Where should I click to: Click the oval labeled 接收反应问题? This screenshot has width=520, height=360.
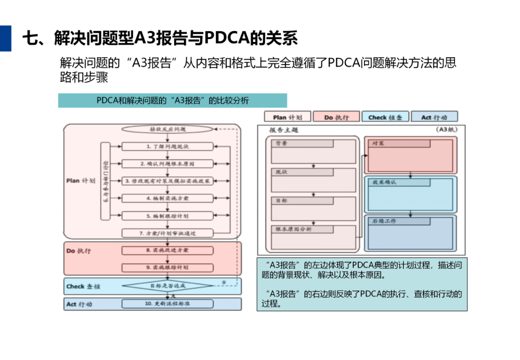pos(168,129)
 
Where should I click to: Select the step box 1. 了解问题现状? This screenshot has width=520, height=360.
pos(168,146)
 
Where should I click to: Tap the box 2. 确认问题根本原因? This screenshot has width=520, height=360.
pos(168,164)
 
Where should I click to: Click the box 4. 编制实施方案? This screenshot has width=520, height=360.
pos(168,198)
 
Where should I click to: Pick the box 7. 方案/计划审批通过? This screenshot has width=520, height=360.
pos(168,233)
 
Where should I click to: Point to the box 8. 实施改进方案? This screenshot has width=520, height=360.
pos(168,250)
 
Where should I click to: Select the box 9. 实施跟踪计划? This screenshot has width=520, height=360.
pos(168,267)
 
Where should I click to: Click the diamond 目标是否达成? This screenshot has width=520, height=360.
pos(168,286)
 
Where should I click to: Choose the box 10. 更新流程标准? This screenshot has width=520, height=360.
pos(168,304)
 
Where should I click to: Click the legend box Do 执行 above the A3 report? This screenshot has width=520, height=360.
pos(336,117)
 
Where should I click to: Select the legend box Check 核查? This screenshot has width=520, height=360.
pos(385,117)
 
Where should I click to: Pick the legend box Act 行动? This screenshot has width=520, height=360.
pos(434,117)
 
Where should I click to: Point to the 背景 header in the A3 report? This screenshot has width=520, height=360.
pos(302,143)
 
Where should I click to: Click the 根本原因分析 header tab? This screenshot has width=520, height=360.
pos(302,229)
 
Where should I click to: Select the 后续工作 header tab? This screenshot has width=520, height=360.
pos(399,221)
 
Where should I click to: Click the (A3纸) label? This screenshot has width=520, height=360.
pos(446,129)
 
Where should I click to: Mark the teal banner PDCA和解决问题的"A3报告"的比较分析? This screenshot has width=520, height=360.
pos(172,101)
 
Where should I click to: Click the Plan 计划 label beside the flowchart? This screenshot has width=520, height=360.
pos(80,181)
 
